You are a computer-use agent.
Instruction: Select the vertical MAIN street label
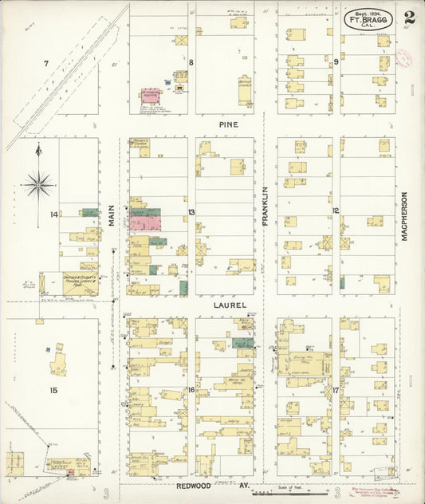tap(112, 214)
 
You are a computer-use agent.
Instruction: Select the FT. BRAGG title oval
tap(369, 19)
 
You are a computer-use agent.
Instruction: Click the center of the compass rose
tap(37, 185)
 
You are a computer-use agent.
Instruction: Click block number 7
tap(45, 63)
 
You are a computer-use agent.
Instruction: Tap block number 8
tap(191, 61)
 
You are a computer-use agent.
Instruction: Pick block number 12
tap(336, 211)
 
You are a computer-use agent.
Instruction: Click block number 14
tap(53, 215)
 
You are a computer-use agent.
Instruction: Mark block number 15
tap(53, 390)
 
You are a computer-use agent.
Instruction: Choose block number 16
tap(191, 389)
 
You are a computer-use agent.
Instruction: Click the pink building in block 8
tap(151, 95)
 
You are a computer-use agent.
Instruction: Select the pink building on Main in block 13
tap(144, 224)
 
